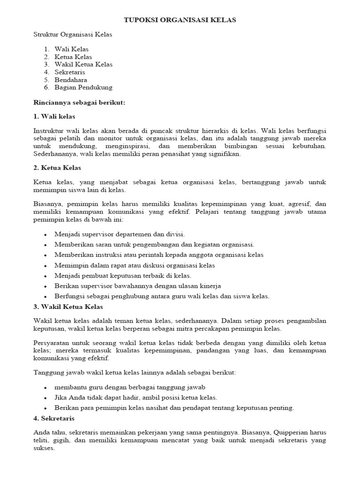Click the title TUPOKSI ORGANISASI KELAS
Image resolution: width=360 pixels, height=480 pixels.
coord(180,20)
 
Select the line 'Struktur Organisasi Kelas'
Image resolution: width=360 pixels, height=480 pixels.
coord(73,34)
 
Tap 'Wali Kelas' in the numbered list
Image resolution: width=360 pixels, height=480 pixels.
coord(71,49)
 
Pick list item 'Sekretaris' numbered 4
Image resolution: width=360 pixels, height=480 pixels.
coord(70,72)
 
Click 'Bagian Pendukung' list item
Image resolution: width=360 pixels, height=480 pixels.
coord(83,87)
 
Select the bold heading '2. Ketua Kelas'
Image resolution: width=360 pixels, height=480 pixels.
coord(58,167)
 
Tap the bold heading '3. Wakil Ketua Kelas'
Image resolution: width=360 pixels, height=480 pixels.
coord(68,307)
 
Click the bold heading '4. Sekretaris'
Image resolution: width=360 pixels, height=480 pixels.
coord(54,418)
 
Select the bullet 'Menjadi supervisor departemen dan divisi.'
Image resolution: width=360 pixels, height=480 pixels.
coord(120,234)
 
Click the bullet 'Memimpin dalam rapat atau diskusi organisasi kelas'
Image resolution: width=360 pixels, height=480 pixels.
coord(135,265)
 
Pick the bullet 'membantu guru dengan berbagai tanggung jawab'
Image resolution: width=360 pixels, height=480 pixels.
coord(130,387)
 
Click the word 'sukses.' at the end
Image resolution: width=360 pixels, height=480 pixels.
coord(44,448)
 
